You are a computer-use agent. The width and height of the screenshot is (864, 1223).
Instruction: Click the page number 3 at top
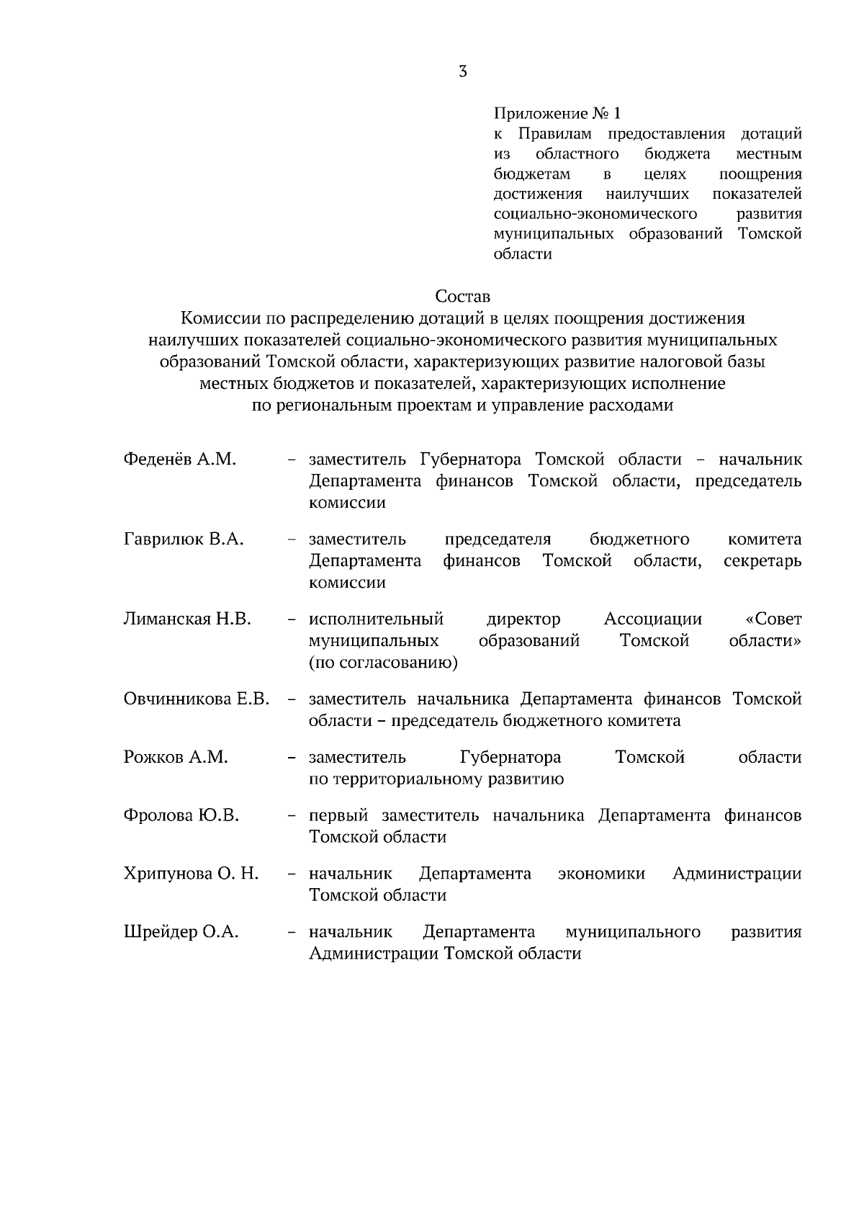pos(462,71)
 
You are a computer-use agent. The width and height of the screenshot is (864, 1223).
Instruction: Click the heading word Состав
pos(462,296)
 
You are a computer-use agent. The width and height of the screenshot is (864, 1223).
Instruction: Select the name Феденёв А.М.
pos(179,460)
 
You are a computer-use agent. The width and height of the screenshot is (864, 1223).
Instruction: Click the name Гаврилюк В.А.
pos(184,539)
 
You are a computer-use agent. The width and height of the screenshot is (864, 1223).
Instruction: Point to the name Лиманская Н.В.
pos(187,619)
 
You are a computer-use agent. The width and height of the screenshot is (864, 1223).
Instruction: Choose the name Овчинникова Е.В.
pos(196,699)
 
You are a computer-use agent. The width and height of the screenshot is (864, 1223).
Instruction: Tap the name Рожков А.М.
pos(176,757)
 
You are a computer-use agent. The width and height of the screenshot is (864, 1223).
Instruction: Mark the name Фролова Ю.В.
pos(181,815)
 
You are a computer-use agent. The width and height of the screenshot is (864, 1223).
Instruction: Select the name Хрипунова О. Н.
pos(191,874)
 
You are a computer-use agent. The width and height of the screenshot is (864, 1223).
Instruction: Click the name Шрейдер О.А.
pos(181,932)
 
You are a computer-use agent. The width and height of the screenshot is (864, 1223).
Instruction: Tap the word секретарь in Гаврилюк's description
pos(762,561)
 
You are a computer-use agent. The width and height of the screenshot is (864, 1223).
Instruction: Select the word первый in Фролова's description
pos(338,815)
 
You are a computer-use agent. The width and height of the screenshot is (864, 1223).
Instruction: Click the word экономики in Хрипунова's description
pos(602,874)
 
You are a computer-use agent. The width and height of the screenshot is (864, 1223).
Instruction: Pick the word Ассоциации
pos(652,619)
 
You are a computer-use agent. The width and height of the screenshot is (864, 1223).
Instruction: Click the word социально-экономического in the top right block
pos(595,214)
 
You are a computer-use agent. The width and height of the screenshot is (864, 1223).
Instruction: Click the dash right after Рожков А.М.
pos(292,758)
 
